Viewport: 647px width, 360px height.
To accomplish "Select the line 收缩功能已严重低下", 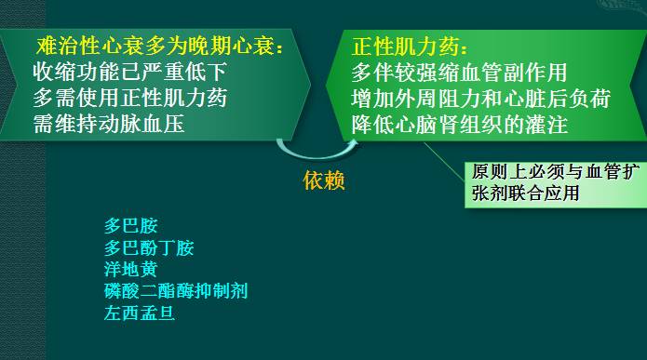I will [129, 71].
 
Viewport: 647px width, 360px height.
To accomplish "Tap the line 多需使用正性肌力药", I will [129, 97].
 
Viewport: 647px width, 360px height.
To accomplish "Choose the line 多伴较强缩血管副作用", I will [459, 72].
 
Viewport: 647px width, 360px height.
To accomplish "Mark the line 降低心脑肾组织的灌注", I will [459, 123].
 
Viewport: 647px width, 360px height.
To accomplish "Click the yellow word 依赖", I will [324, 180].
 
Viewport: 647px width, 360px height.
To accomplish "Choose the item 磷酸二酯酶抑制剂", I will [176, 291].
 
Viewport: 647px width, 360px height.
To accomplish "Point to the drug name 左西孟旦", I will [140, 313].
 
